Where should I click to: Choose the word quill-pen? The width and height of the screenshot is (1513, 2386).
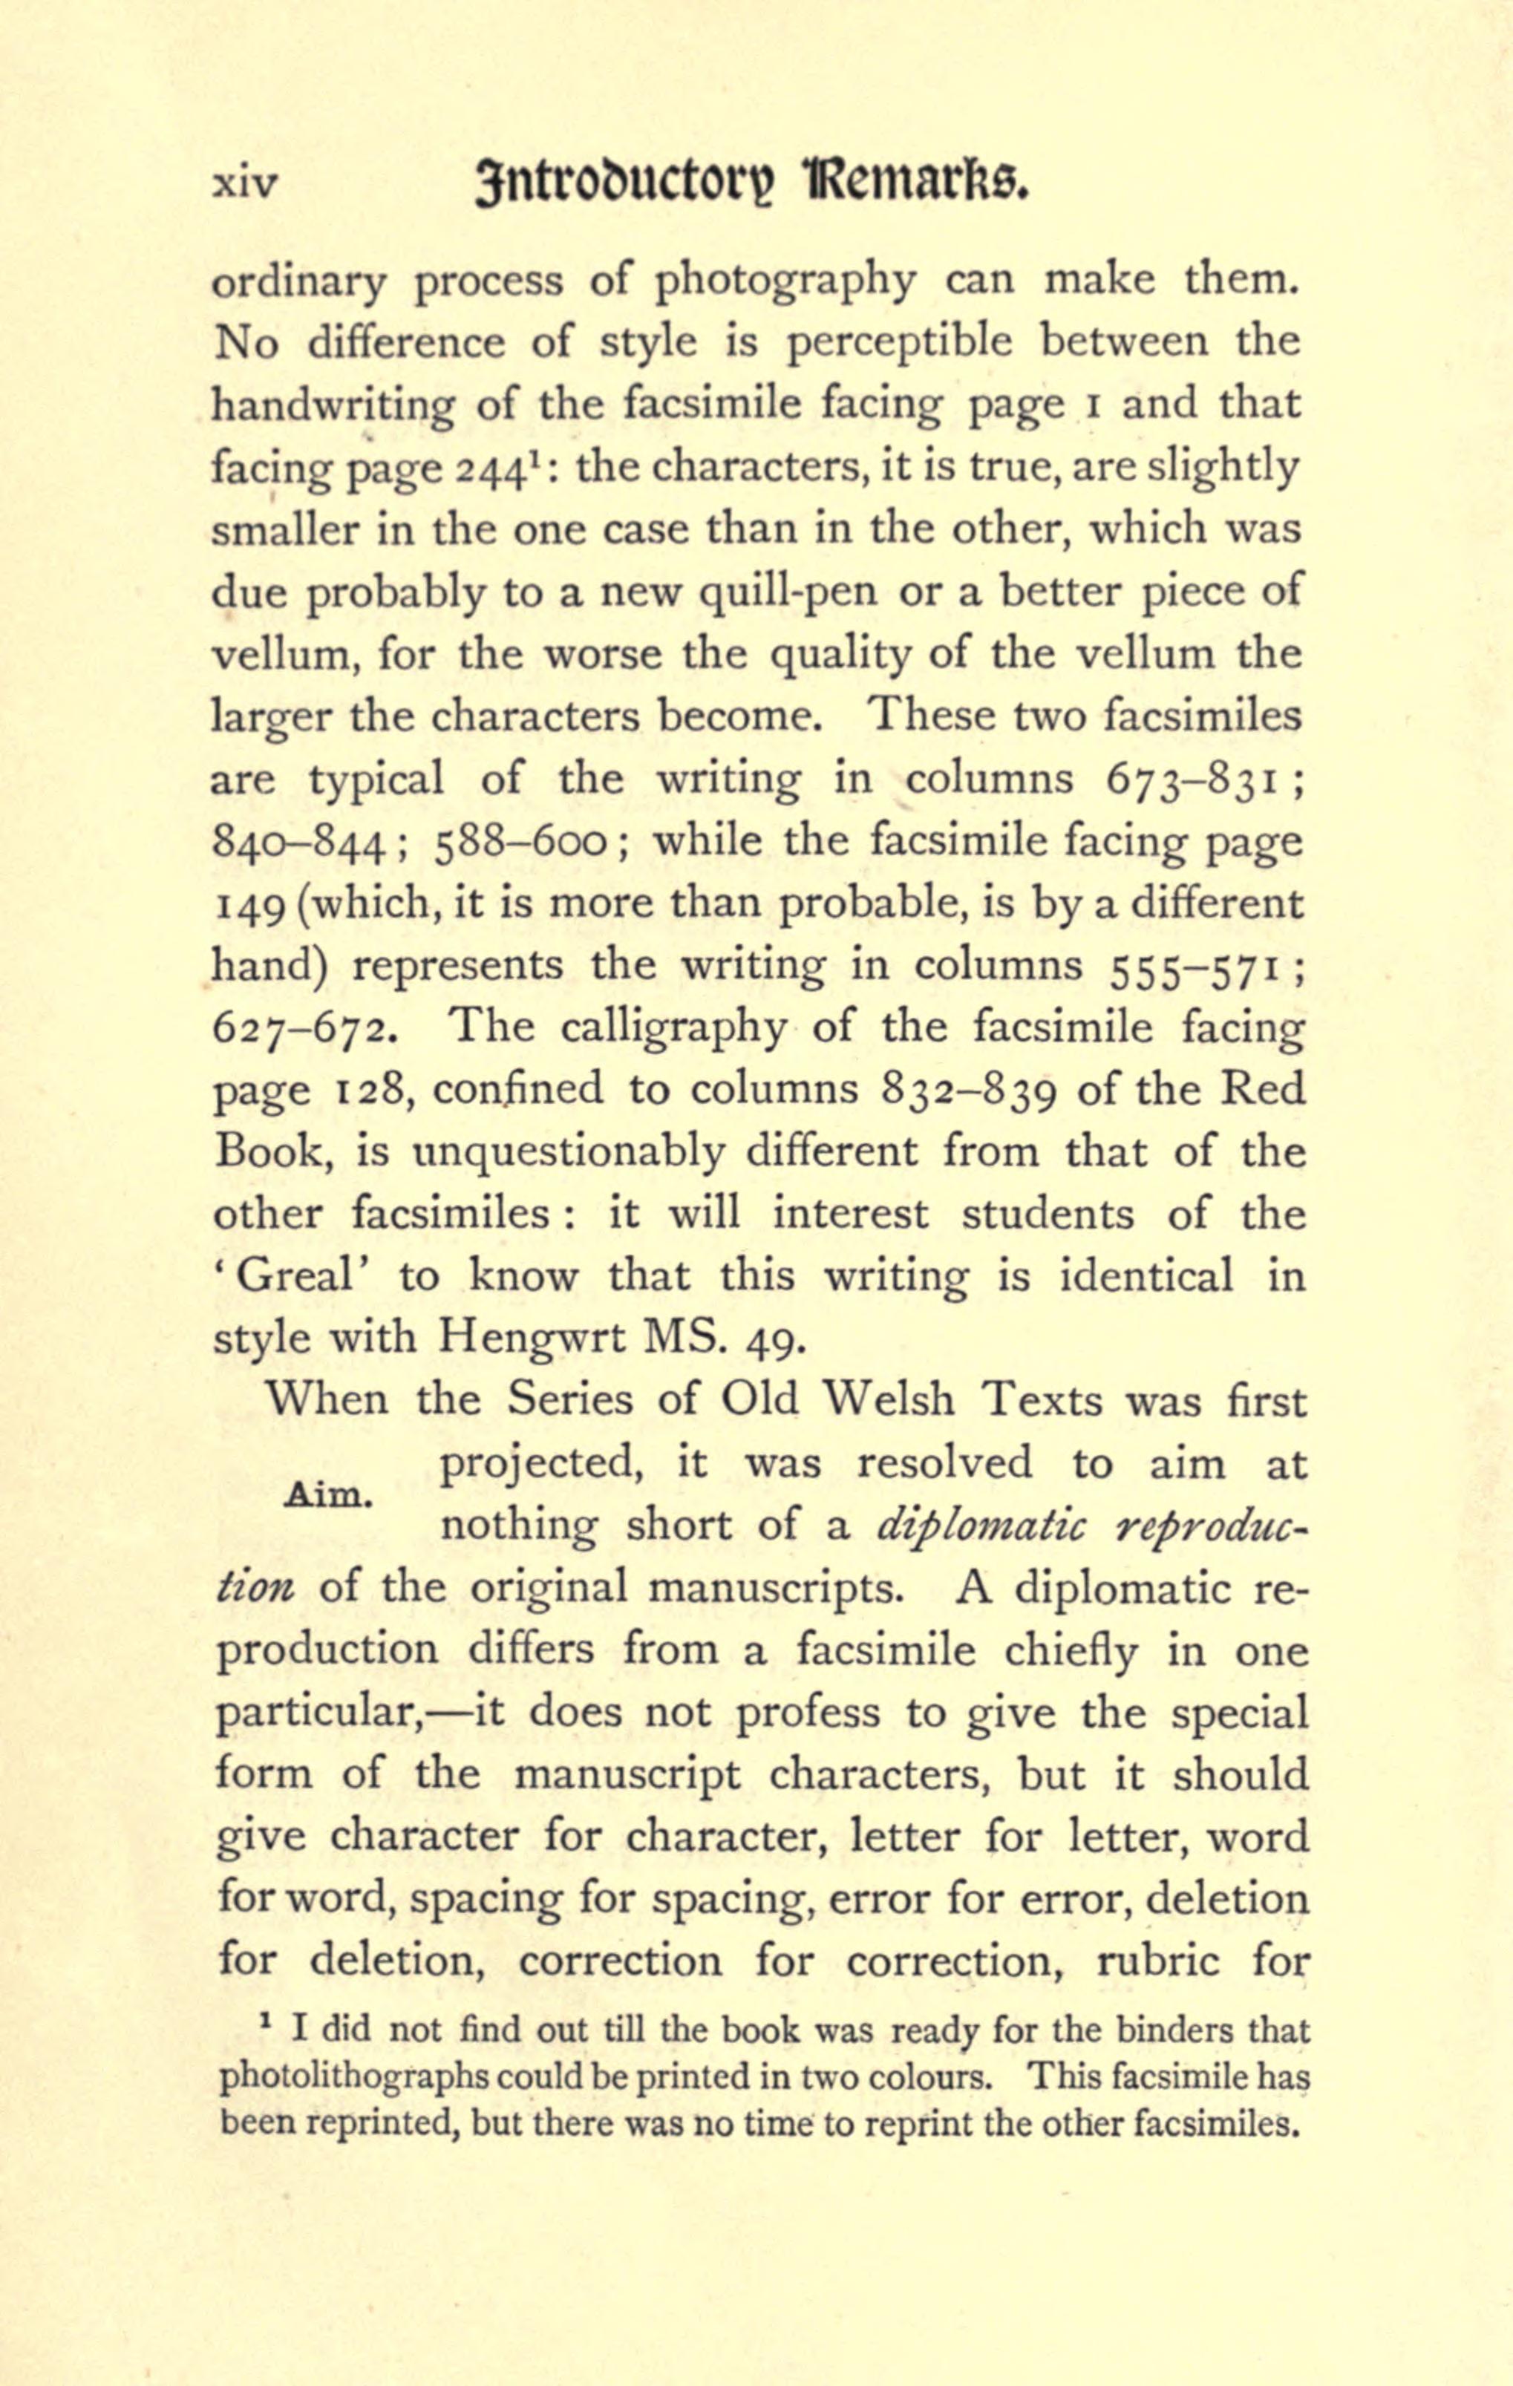point(788,592)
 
